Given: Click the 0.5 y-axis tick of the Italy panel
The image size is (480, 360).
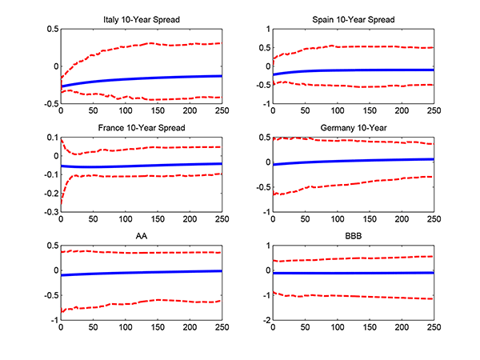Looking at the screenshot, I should [x=51, y=30].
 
